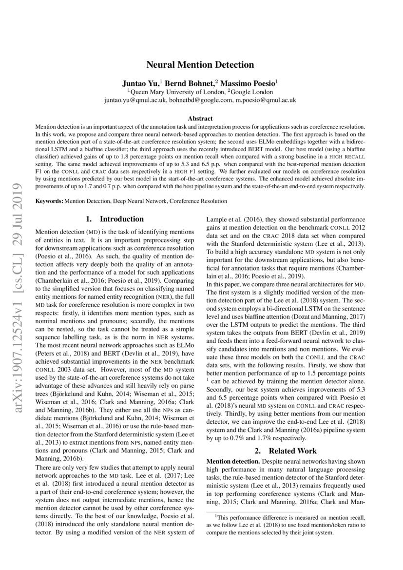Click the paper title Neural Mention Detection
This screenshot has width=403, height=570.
[x=201, y=64]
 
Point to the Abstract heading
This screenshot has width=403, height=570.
[x=201, y=118]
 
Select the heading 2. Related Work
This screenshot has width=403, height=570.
[x=285, y=451]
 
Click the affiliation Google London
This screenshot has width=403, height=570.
[x=252, y=91]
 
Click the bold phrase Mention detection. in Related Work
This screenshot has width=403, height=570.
[x=233, y=461]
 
